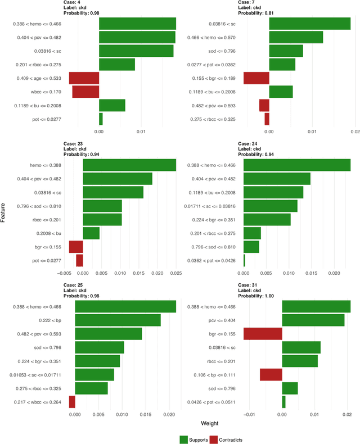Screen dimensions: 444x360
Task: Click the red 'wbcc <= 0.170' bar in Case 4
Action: [85, 91]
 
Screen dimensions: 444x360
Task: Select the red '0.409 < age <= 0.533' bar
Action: [84, 78]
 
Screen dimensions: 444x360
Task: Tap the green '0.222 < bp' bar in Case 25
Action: [118, 320]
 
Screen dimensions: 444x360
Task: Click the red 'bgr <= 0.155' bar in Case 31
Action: [263, 334]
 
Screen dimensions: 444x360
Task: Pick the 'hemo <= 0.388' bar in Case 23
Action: [129, 165]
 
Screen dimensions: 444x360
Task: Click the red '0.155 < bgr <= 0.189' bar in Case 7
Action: [256, 78]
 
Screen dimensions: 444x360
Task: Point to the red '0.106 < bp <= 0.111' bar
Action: [271, 375]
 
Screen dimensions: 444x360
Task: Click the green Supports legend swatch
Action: [184, 440]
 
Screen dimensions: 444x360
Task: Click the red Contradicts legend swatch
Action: [214, 440]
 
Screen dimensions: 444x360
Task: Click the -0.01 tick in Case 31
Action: [249, 415]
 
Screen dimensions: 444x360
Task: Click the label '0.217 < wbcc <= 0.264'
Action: [36, 402]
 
